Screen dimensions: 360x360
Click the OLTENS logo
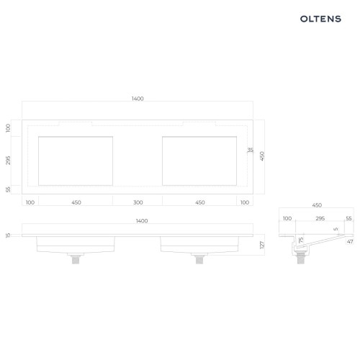320,19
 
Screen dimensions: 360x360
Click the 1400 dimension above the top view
138,99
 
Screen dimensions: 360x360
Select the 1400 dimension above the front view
142,221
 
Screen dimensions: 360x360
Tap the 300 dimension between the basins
138,202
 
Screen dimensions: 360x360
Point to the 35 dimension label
251,150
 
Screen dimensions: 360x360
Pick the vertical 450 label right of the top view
262,156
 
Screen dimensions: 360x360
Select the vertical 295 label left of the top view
8,161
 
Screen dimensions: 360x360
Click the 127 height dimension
262,245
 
